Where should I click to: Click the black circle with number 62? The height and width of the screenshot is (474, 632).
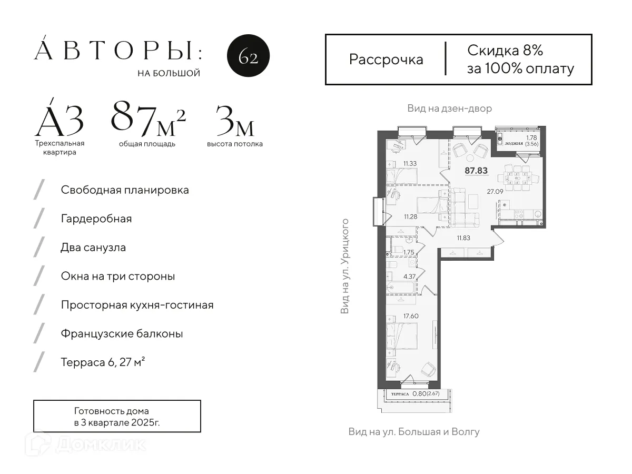[x=248, y=57]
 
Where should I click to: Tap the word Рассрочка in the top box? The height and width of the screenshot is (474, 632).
[x=386, y=60]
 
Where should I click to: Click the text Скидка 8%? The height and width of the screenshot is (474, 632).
[x=505, y=51]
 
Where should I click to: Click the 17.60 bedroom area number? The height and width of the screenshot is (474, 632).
[x=410, y=317]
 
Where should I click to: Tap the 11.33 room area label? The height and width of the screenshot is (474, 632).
[x=410, y=164]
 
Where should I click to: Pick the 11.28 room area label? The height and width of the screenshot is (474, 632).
[x=411, y=216]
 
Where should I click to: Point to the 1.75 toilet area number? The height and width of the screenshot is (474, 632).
[x=409, y=252]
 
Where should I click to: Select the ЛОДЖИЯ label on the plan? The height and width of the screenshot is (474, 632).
[x=513, y=143]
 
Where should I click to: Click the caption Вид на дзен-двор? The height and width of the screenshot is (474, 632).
[x=449, y=108]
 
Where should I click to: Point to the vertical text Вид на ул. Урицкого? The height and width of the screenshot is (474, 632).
[x=345, y=266]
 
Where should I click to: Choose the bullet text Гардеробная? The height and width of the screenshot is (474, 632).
[x=96, y=219]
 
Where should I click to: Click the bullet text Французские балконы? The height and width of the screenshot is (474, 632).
[x=122, y=334]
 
